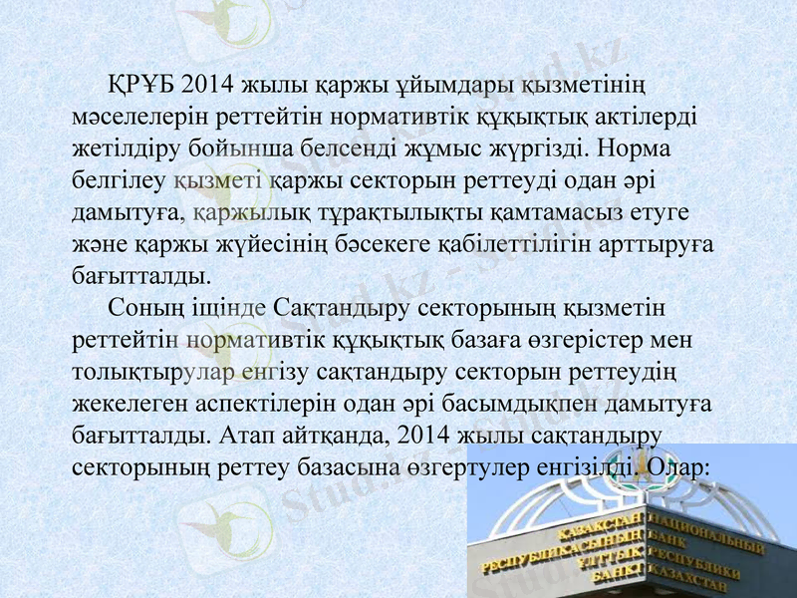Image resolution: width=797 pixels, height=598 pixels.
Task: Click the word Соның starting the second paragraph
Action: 141,307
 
